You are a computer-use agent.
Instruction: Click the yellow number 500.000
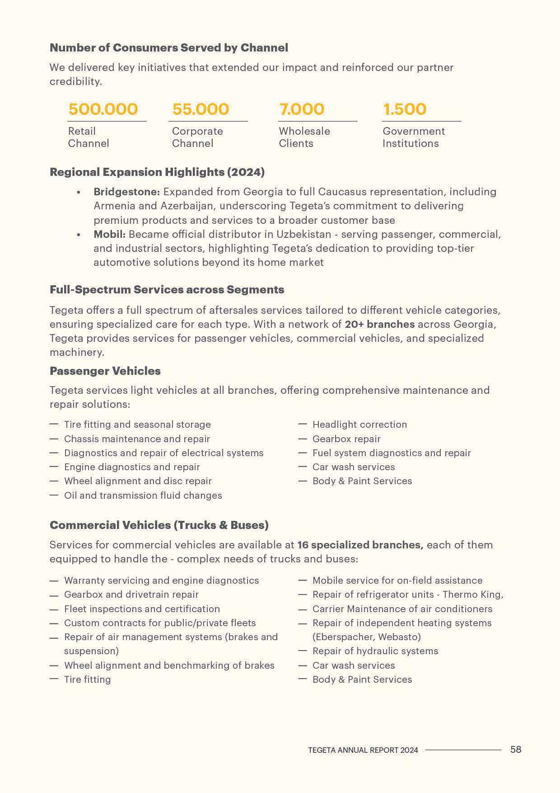[103, 109]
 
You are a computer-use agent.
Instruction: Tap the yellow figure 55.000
[201, 109]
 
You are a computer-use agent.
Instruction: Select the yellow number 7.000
[302, 109]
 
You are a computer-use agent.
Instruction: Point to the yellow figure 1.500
[404, 109]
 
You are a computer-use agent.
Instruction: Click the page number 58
[516, 749]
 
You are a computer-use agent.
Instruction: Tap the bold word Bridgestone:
[127, 192]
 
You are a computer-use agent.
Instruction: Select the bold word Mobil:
[109, 234]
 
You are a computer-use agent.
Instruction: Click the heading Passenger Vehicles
[105, 371]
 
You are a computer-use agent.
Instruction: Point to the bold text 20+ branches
[379, 324]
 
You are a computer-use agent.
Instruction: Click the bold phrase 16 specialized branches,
[360, 545]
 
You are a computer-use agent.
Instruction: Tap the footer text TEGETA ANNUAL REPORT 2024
[363, 750]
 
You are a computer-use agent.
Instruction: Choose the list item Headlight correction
[359, 425]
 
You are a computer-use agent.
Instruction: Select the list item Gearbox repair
[346, 439]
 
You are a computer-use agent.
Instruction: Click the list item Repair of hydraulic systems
[375, 651]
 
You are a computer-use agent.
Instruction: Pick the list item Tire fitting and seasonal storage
[137, 425]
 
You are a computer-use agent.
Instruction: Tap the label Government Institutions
[413, 137]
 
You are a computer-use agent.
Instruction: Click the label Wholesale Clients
[304, 137]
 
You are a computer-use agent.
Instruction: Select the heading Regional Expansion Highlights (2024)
[157, 172]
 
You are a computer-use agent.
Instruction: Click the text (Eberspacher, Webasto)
[367, 637]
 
